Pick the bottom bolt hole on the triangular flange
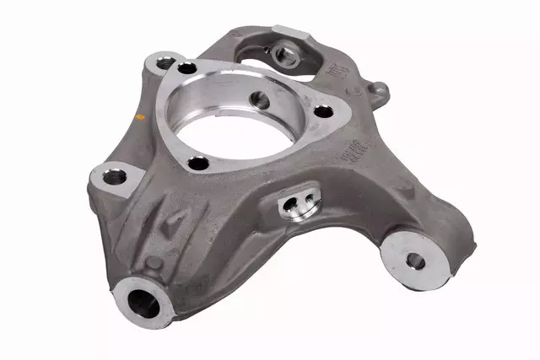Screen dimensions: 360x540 (200, 164)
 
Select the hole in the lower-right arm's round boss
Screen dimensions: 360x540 (413, 259)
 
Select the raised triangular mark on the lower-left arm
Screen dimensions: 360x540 (172, 222)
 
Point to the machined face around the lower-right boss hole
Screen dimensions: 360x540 (402, 253)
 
